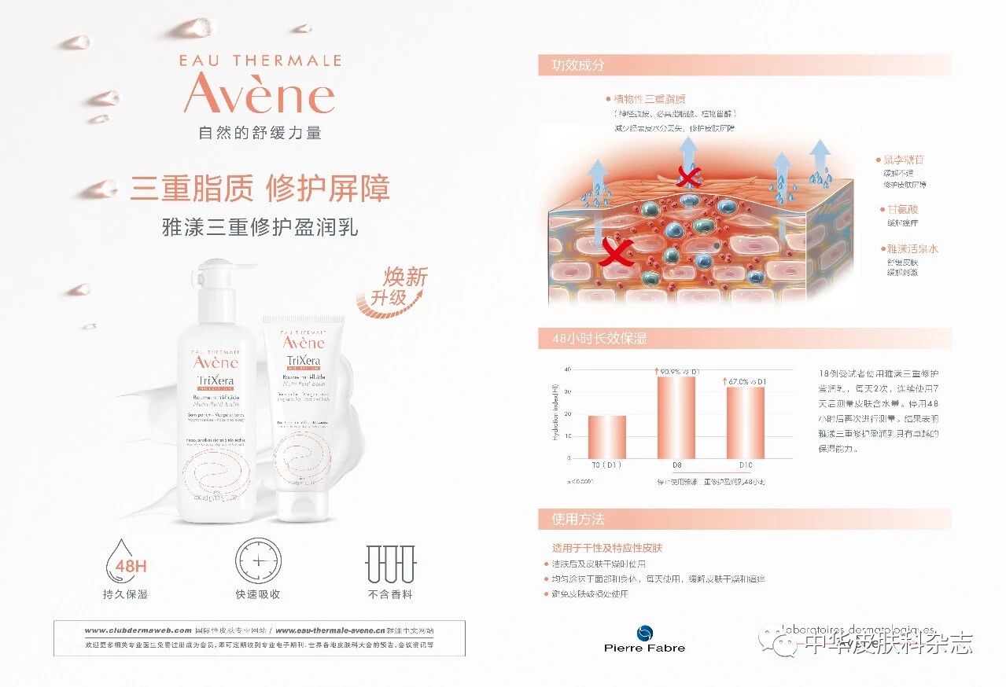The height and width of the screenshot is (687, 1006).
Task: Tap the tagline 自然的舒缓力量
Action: tap(260, 133)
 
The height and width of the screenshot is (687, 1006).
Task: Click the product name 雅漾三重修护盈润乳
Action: tap(260, 228)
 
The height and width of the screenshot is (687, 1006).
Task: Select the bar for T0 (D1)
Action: tap(606, 437)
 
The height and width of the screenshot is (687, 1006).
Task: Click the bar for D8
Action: tap(676, 417)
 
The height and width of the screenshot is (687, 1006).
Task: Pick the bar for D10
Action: tap(745, 422)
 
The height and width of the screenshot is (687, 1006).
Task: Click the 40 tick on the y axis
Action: tap(567, 369)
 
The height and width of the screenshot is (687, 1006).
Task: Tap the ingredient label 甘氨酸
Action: tap(903, 209)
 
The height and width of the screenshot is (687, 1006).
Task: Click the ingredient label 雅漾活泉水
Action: tap(912, 248)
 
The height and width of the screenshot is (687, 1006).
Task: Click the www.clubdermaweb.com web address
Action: tap(138, 630)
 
